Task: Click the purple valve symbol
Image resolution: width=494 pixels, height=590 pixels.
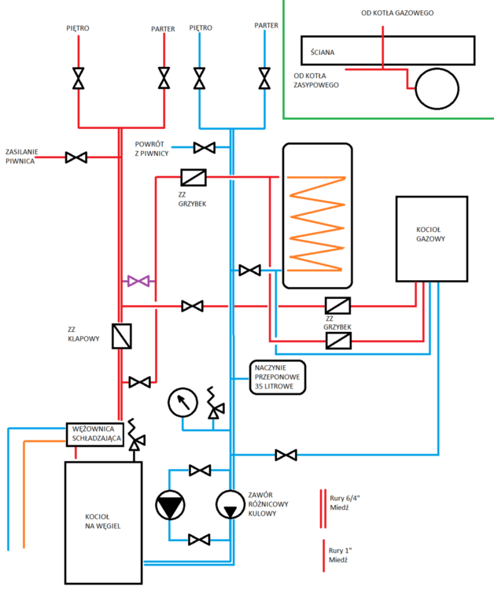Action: click(x=140, y=281)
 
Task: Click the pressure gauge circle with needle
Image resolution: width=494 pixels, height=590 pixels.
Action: click(x=182, y=404)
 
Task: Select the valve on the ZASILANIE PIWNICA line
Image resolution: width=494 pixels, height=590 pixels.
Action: click(x=76, y=157)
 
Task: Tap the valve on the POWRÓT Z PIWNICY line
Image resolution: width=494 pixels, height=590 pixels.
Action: click(x=205, y=147)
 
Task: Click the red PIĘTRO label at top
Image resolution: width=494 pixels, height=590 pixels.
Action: click(x=78, y=28)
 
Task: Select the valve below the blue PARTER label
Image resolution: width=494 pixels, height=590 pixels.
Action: click(x=264, y=78)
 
